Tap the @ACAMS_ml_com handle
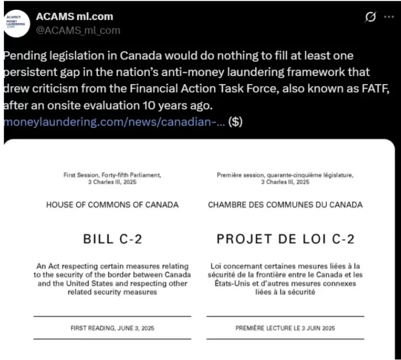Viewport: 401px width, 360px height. tap(78, 30)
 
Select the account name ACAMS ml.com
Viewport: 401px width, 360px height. tap(74, 16)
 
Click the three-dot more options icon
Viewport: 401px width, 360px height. tap(389, 17)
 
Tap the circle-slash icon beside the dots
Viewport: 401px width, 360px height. tap(370, 17)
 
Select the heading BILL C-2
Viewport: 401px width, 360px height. tap(112, 238)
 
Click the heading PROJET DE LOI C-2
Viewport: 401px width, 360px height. tap(285, 238)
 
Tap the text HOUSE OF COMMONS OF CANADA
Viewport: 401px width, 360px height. tap(112, 205)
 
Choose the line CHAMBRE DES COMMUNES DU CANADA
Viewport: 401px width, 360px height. tap(285, 205)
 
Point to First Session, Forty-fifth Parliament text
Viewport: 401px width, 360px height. tap(112, 174)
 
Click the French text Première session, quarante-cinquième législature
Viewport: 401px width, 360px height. tap(285, 174)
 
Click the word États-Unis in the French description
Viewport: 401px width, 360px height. tap(234, 283)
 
